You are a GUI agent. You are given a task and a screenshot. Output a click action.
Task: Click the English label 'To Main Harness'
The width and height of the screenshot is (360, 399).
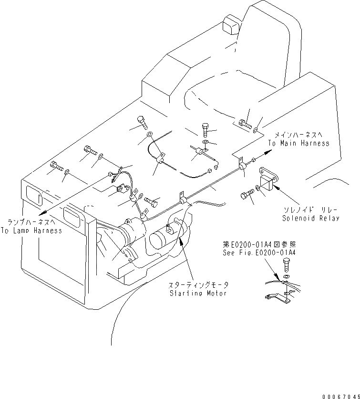coord(298,143)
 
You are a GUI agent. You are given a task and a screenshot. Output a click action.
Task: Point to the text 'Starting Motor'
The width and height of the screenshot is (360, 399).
coord(198,293)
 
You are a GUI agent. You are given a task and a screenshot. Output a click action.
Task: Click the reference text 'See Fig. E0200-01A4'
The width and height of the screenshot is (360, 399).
coord(259,253)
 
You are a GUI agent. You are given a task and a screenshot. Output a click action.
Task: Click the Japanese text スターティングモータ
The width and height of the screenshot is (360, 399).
coord(198,285)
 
